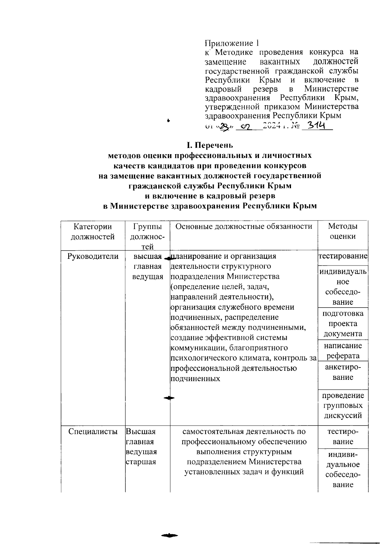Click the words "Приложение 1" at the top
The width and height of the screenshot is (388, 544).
click(x=232, y=43)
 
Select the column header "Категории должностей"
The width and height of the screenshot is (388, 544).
click(x=93, y=232)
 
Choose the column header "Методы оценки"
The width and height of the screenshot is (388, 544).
click(x=343, y=231)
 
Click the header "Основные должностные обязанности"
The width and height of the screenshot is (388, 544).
click(x=244, y=226)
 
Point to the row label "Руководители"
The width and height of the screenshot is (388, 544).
click(x=93, y=256)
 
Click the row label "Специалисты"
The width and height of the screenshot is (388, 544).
click(x=93, y=431)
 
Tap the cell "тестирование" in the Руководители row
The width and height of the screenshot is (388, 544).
click(x=343, y=256)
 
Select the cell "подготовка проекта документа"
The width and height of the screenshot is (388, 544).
click(x=343, y=323)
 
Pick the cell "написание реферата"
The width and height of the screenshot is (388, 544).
click(x=343, y=351)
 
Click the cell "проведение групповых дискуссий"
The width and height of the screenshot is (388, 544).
click(x=343, y=405)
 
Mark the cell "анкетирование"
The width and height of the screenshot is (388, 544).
click(x=343, y=372)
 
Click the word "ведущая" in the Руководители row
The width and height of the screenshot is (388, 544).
click(x=148, y=277)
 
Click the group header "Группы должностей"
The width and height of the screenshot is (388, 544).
click(x=148, y=236)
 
